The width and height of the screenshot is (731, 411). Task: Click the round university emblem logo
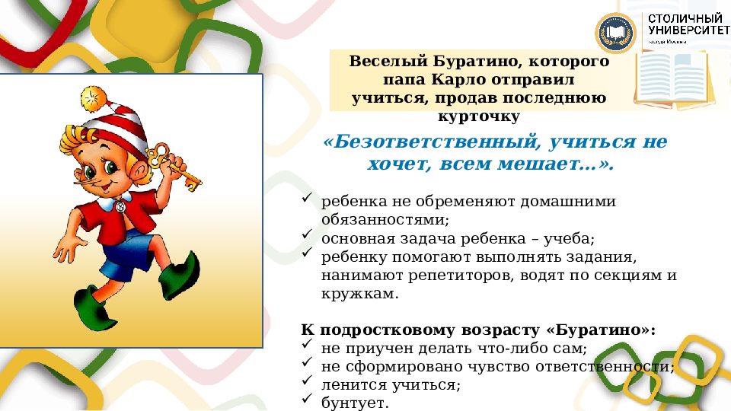[616, 33]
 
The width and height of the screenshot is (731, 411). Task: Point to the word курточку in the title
[479, 116]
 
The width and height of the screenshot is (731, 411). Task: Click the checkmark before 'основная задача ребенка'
[307, 236]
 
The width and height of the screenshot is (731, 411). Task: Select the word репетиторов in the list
[441, 275]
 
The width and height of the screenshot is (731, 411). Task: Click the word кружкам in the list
[359, 294]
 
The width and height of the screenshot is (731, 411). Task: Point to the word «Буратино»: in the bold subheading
[601, 330]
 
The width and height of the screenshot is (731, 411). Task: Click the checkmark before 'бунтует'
[307, 400]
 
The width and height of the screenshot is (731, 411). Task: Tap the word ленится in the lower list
[349, 384]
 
